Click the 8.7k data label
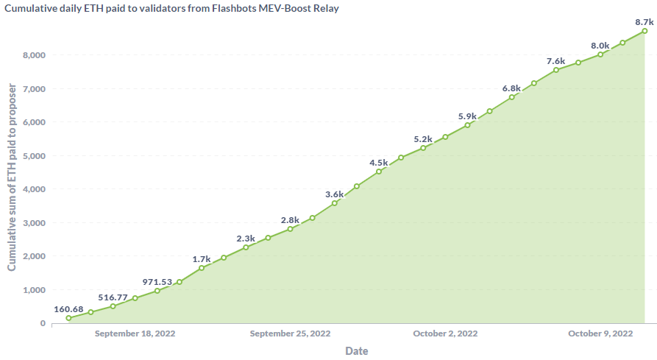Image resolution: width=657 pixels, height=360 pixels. (x=644, y=22)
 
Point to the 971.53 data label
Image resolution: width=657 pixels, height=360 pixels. (x=157, y=282)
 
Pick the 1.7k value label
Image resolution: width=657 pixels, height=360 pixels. (x=202, y=259)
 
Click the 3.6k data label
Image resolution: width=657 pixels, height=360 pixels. (x=335, y=194)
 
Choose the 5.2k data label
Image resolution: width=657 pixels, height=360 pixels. (x=423, y=139)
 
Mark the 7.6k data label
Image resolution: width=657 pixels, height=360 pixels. (x=556, y=61)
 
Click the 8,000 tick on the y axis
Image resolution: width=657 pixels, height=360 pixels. (x=32, y=55)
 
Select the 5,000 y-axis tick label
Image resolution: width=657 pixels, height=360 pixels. (x=32, y=156)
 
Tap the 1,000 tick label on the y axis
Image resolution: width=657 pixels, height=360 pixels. (x=32, y=290)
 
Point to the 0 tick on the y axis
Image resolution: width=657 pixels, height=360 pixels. (x=42, y=323)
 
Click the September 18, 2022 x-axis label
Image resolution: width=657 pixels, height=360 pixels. (x=135, y=333)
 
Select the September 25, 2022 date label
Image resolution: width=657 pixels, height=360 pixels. (x=290, y=333)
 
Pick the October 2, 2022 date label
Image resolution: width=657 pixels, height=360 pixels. (x=445, y=333)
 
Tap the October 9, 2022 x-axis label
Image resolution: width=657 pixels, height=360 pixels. (x=600, y=333)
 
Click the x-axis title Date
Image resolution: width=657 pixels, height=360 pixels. (x=357, y=351)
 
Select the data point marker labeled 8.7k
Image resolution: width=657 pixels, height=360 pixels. (x=644, y=31)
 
